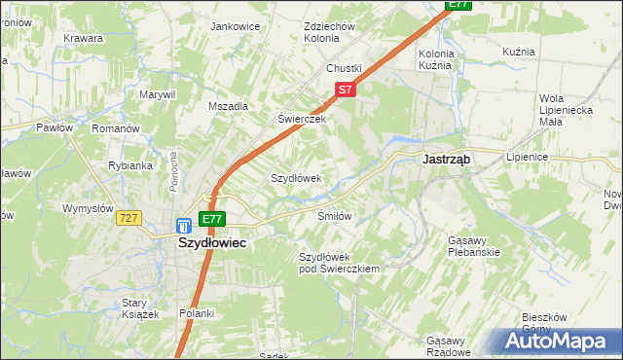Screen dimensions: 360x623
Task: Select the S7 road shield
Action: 345,90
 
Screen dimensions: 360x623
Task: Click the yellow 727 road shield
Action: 129,219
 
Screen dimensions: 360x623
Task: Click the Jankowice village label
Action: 235,26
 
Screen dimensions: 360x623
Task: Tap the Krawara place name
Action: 84,38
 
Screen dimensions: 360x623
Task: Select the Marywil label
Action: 156,94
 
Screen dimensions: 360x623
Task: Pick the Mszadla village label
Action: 229,106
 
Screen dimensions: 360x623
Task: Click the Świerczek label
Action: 300,119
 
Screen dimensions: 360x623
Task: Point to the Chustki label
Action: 344,68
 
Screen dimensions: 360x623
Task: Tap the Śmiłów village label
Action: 334,215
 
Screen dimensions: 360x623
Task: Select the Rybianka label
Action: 130,165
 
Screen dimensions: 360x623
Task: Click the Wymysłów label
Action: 89,208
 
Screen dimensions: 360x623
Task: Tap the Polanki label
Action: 197,313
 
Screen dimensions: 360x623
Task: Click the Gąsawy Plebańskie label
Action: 474,246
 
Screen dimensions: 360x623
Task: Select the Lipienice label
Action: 528,157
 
